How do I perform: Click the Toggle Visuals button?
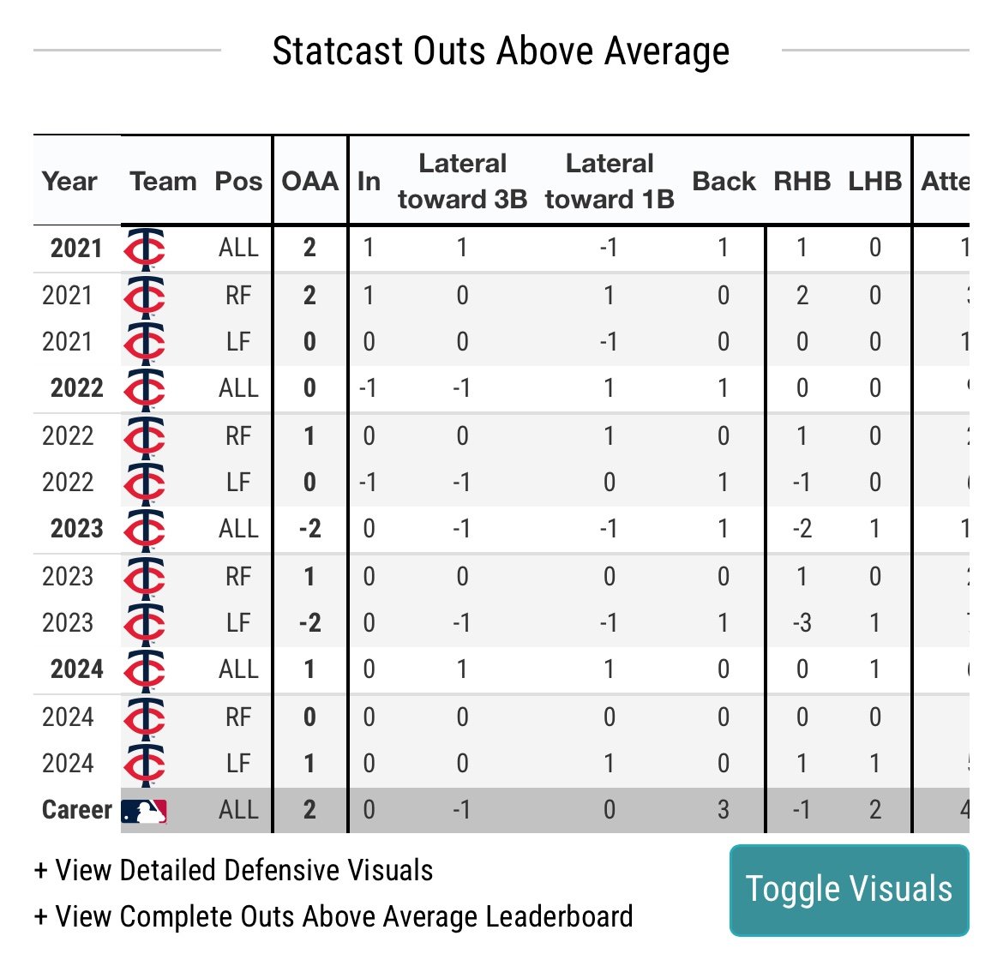[x=849, y=890]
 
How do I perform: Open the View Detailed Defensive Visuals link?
[x=233, y=871]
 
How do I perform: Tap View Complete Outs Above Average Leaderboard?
[x=333, y=917]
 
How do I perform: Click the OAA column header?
[x=309, y=182]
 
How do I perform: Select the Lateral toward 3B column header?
[x=462, y=182]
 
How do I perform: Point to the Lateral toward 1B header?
[x=610, y=182]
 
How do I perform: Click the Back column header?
[x=724, y=182]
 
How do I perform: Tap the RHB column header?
[x=802, y=182]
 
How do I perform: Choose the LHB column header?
[x=874, y=182]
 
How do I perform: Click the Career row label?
[x=76, y=810]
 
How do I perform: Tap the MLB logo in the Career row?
[x=143, y=811]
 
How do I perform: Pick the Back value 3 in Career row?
[x=724, y=810]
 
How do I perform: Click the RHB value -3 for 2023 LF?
[x=802, y=623]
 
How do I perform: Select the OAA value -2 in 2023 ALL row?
[x=309, y=529]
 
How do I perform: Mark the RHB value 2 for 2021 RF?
[x=802, y=296]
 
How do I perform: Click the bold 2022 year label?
[x=76, y=388]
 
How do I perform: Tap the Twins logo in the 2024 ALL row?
[x=144, y=669]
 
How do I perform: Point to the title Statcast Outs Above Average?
[x=501, y=51]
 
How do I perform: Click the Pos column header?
[x=238, y=182]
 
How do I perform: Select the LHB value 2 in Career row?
[x=874, y=810]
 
